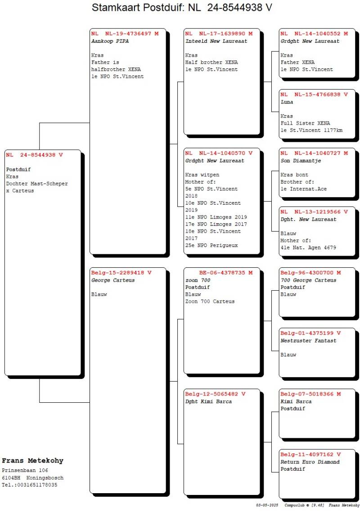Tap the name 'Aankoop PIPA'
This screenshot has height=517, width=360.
[x=109, y=41]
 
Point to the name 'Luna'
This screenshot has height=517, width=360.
[x=287, y=102]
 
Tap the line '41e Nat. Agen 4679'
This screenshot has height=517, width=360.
[x=308, y=248]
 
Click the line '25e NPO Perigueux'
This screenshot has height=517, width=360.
[x=211, y=246]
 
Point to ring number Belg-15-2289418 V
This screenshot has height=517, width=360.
[x=121, y=273]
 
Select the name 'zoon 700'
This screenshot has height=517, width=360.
[x=198, y=280]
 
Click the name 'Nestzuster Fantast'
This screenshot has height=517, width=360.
[x=308, y=341]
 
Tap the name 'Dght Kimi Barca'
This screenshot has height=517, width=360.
[x=208, y=401]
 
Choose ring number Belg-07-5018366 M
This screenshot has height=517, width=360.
[x=310, y=394]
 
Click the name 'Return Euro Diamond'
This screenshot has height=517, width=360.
[x=310, y=462]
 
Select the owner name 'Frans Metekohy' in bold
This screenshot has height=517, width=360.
[x=32, y=461]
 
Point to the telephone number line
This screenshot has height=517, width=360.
[x=29, y=485]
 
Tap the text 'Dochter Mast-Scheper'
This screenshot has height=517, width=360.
[x=37, y=184]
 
